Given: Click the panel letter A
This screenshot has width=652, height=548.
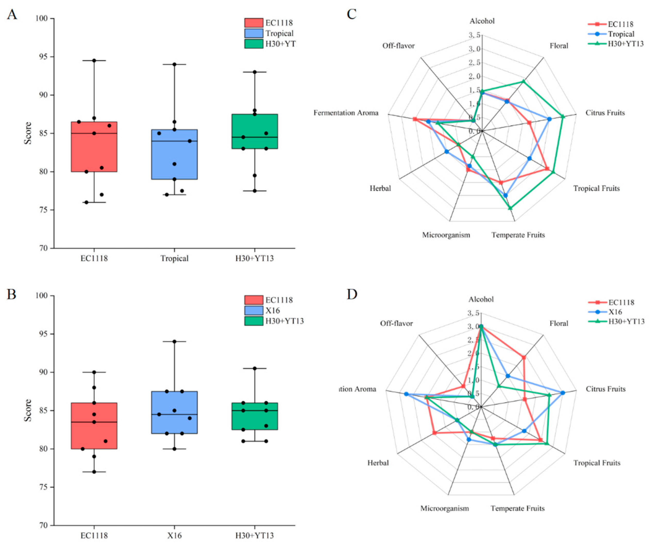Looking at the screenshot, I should coord(12,14).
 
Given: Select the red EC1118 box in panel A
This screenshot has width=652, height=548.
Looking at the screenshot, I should coord(94,147).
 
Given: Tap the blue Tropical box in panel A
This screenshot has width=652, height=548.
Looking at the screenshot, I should coord(174,154).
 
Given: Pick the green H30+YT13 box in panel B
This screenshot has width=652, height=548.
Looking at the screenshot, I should coord(255,416).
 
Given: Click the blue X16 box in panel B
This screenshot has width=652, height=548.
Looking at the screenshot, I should coord(174,412).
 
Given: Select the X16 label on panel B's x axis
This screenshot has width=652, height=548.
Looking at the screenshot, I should coord(174,536).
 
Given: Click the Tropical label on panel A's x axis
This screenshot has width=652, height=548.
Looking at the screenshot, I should coord(174,258).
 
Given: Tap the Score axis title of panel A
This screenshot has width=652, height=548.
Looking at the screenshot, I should coord(28,133).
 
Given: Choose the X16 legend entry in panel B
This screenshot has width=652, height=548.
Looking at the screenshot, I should coord(272,310).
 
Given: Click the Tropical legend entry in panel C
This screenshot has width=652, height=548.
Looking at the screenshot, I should coord(621,34).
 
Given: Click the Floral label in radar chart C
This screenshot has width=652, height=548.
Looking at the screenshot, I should coord(559,46).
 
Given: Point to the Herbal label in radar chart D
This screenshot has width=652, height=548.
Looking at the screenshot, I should coord(378,463).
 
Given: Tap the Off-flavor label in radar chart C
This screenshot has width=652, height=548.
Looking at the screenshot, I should coord(399,46).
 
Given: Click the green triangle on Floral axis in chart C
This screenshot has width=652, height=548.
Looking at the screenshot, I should coord(523,82).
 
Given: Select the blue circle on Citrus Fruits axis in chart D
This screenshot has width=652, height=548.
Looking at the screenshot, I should coord(563,393).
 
